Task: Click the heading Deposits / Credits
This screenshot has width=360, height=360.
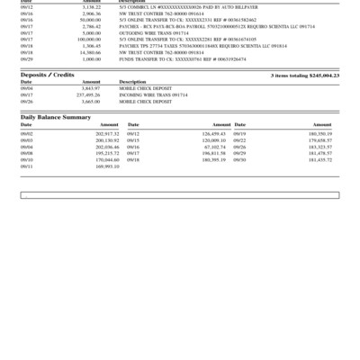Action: tap(47, 76)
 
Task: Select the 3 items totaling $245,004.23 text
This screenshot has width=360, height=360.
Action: tap(304, 76)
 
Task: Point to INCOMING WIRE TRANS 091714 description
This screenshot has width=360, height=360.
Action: tap(153, 94)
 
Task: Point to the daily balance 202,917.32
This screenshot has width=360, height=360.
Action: tap(106, 132)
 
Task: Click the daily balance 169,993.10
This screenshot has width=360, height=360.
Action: tap(106, 166)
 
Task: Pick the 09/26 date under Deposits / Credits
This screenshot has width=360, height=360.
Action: tap(26, 101)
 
